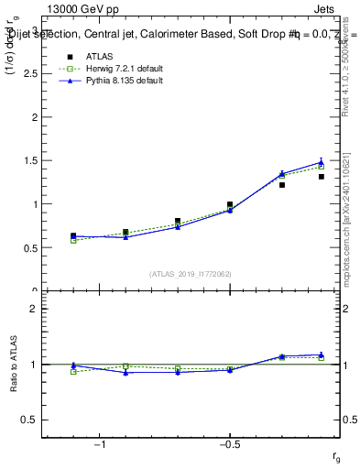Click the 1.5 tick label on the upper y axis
click(x=31, y=161)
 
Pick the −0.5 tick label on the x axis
click(x=228, y=445)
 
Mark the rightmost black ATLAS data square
click(x=322, y=177)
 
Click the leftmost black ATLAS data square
click(x=73, y=235)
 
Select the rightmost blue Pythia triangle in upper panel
click(x=322, y=162)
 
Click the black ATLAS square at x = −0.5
click(x=230, y=204)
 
